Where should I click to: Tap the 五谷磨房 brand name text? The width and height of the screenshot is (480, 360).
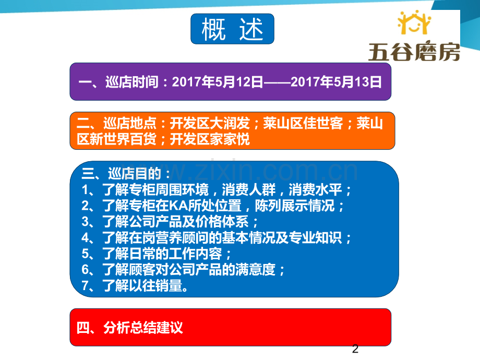point(414,51)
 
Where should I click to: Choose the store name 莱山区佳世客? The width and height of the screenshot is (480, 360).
point(303,124)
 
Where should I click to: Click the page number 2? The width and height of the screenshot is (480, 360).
point(356,349)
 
